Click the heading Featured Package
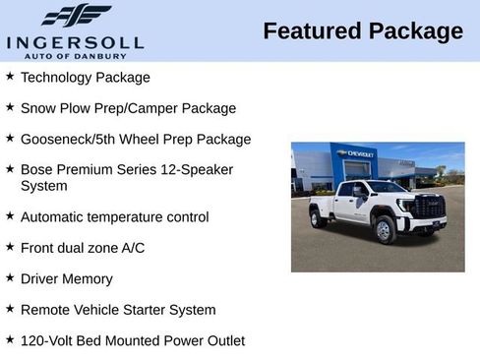coord(362,31)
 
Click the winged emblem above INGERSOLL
coord(77,16)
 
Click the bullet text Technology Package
coord(86,77)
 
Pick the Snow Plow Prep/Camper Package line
coord(128,108)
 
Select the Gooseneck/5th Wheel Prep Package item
coord(136,140)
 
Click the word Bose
coord(37,169)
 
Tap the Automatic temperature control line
coord(115,216)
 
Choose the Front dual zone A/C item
coord(83,248)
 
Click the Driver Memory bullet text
coord(67,278)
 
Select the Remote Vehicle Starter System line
coord(118,310)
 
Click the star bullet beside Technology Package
coord(10,76)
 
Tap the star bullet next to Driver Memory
coord(10,277)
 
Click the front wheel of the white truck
coord(385,230)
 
